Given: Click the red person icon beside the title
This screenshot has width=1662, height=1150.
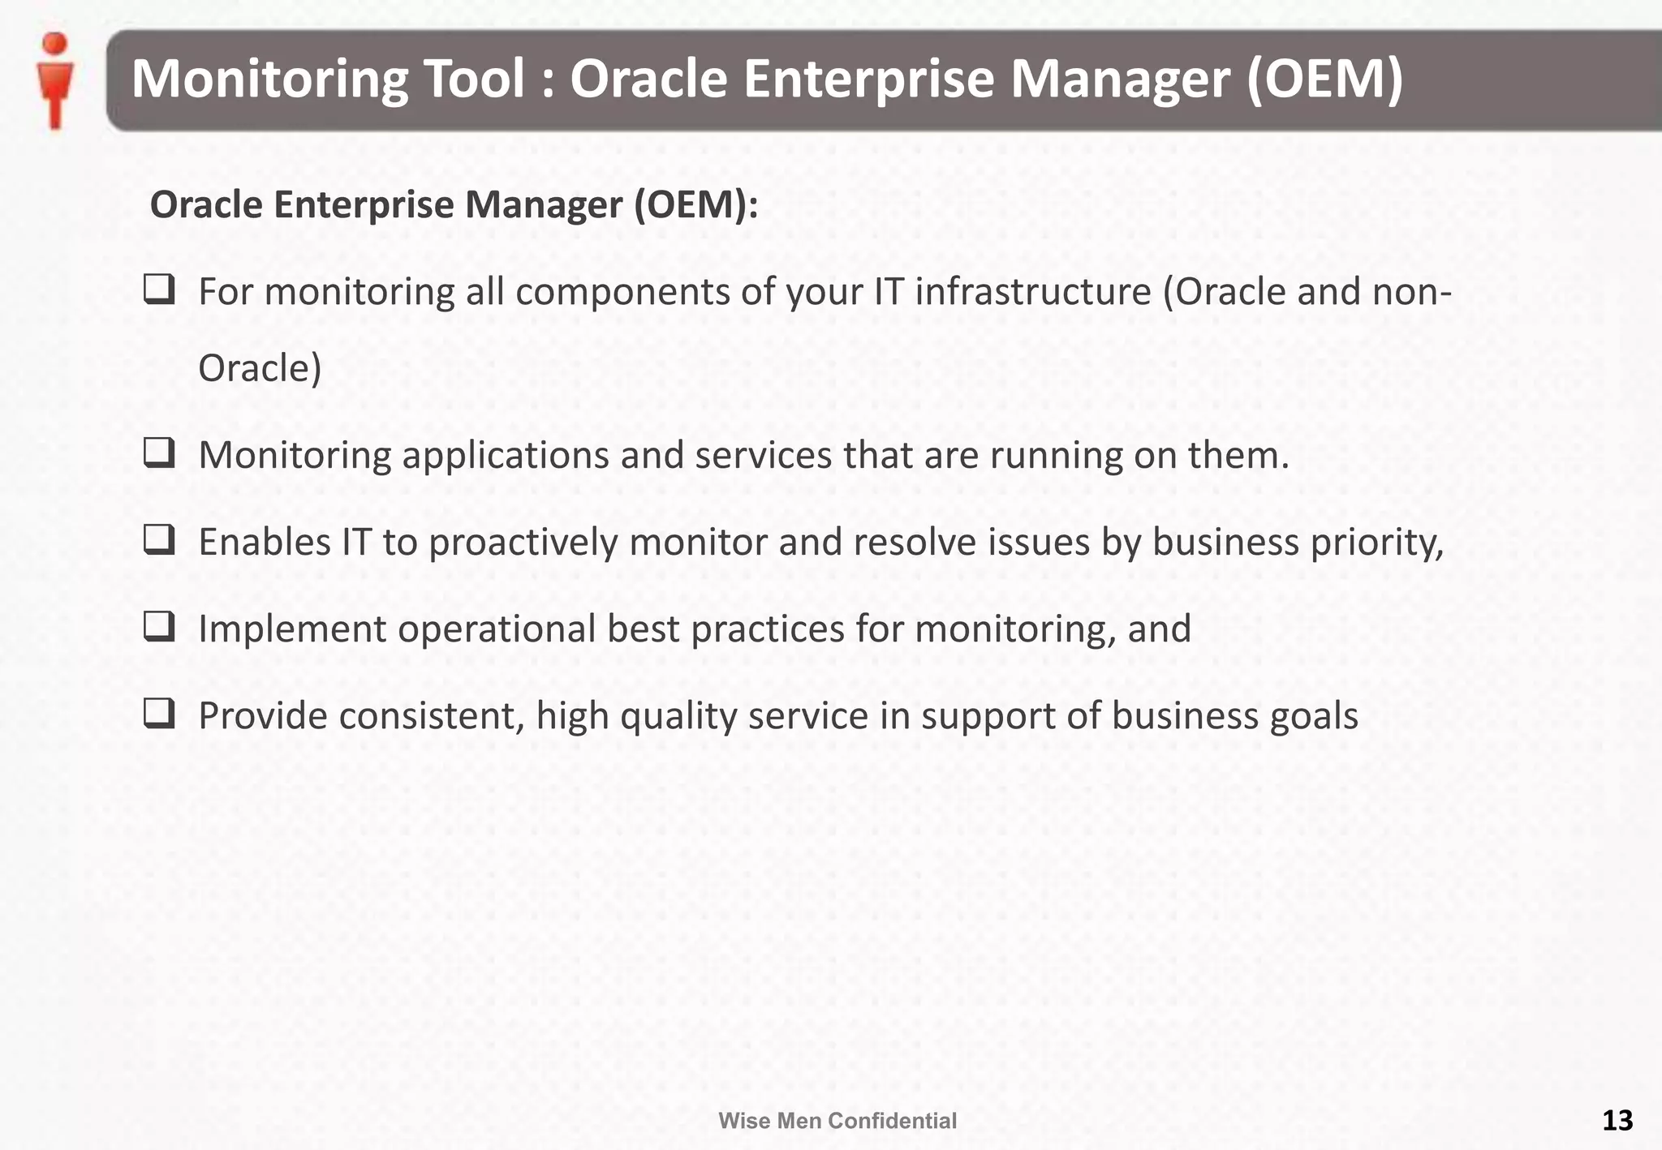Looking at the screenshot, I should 55,80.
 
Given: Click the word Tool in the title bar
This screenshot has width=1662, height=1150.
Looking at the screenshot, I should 475,79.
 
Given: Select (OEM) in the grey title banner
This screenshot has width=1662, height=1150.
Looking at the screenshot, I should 1324,79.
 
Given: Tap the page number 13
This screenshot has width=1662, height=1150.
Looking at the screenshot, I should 1617,1120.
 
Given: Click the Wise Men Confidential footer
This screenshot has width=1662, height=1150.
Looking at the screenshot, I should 837,1121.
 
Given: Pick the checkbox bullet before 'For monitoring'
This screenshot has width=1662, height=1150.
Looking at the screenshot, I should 159,290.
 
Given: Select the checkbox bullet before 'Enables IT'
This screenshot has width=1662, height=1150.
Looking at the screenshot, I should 159,539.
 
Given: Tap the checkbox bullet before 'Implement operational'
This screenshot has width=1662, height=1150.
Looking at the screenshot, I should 159,626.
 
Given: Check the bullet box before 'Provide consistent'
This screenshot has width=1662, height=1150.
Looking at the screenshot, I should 159,713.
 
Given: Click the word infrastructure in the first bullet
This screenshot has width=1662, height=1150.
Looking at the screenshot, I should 1032,292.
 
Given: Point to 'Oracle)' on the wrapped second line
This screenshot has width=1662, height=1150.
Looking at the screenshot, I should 260,369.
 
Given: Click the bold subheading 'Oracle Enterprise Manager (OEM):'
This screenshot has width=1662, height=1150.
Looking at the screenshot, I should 454,204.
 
